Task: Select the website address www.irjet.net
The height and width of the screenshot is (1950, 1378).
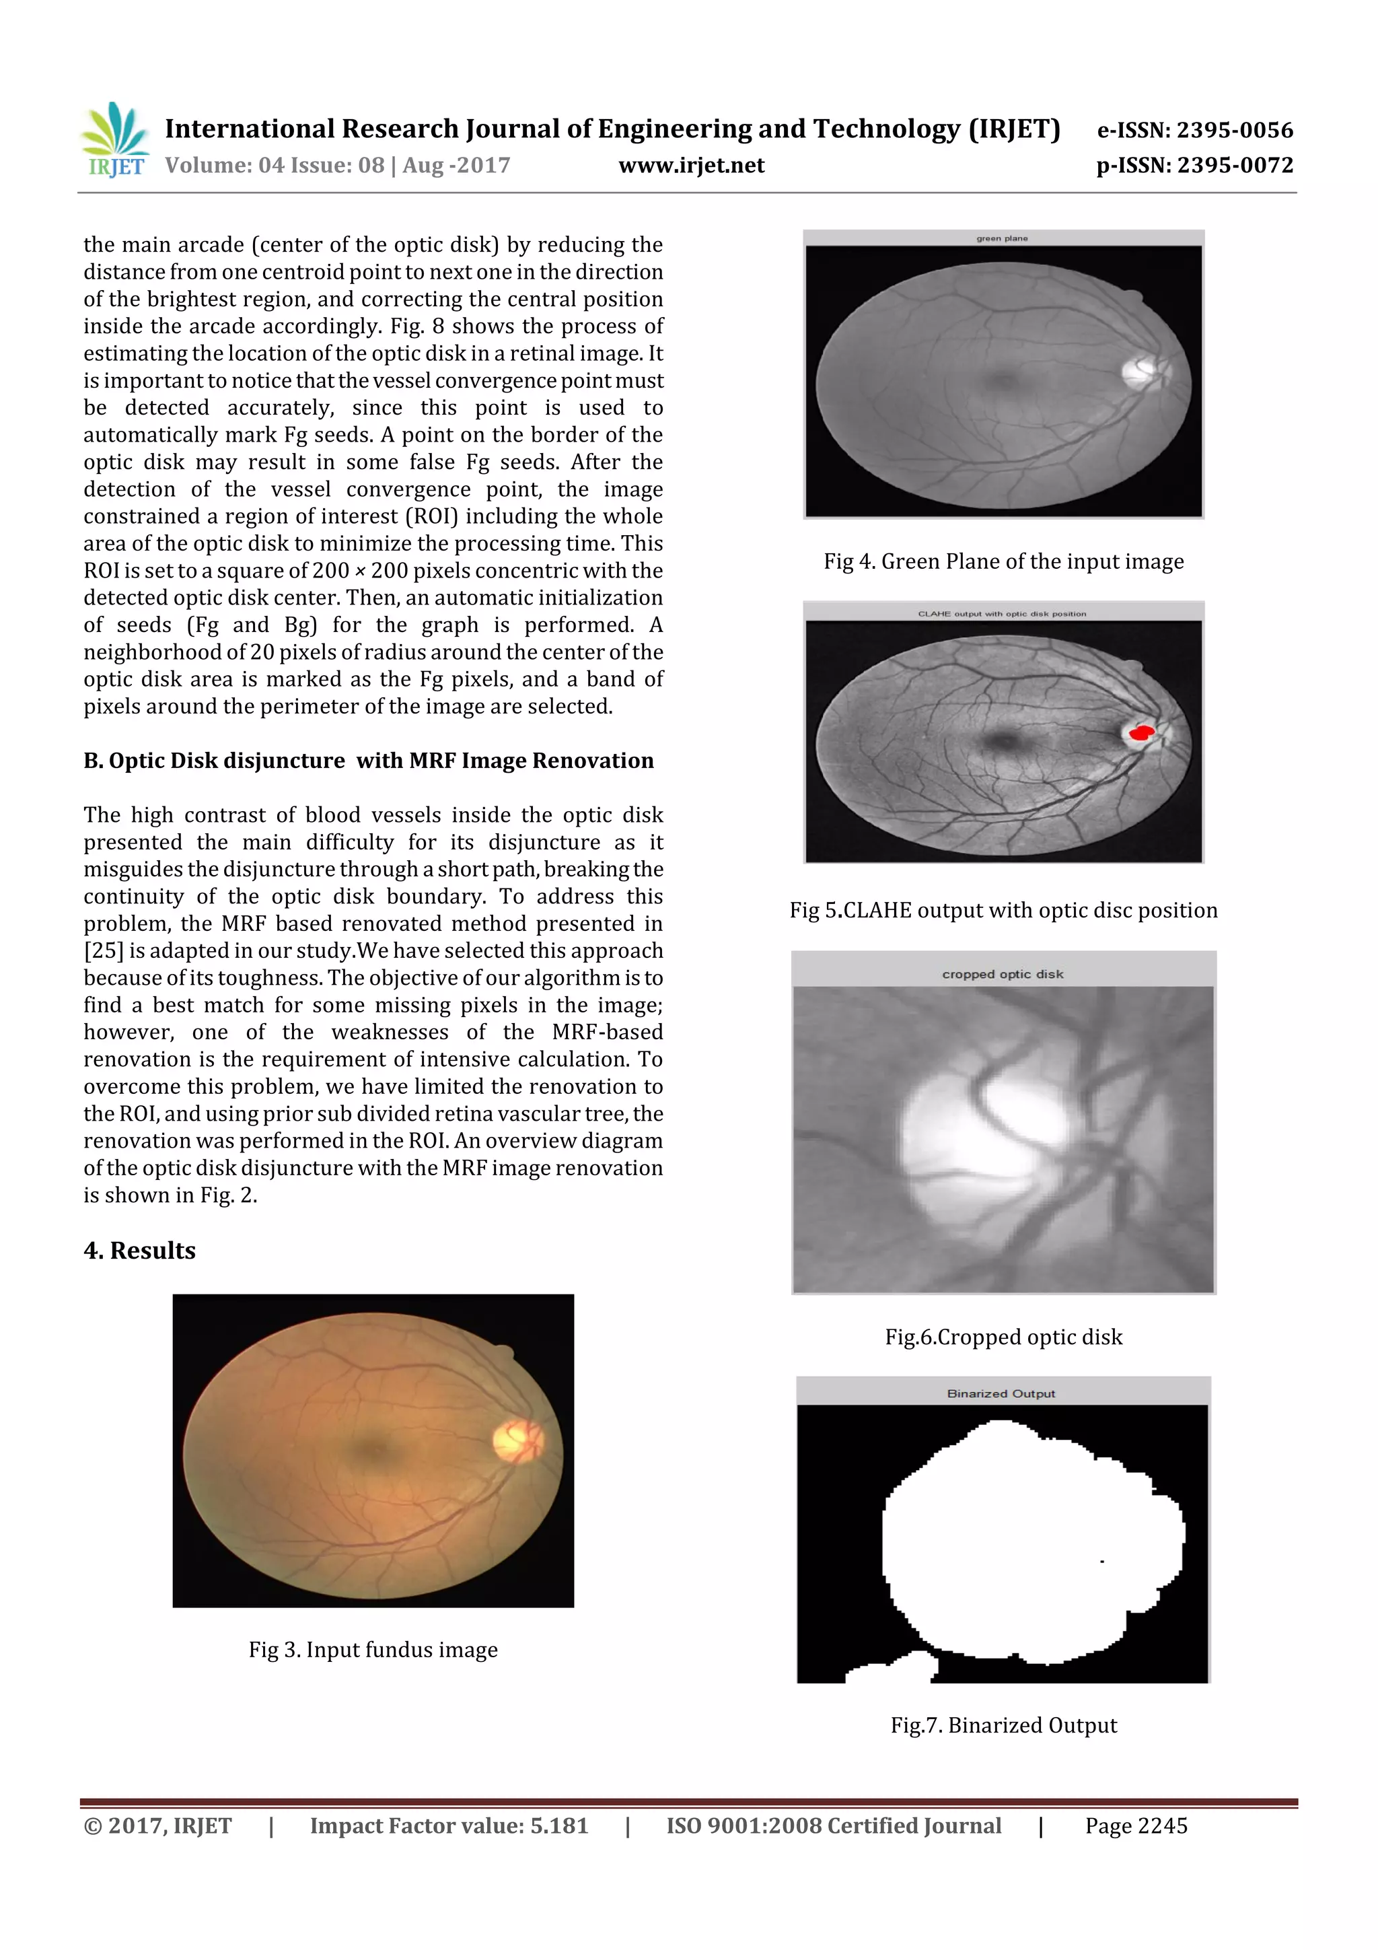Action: point(691,165)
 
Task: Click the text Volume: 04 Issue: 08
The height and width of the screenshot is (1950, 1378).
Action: point(275,165)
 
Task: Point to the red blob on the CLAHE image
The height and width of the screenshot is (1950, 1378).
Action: point(1140,731)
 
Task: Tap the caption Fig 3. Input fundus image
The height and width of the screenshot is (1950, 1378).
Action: point(373,1649)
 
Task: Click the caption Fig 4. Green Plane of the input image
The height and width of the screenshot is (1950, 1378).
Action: point(1003,561)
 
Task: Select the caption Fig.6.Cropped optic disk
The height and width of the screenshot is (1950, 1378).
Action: point(1003,1337)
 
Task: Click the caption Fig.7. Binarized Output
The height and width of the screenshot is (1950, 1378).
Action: point(1003,1725)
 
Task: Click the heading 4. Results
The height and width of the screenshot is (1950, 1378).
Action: point(139,1250)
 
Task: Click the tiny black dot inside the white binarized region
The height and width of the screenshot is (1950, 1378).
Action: point(1102,1561)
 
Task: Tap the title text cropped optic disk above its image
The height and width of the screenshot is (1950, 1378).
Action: point(1002,974)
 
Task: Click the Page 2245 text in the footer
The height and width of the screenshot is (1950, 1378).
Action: point(1135,1826)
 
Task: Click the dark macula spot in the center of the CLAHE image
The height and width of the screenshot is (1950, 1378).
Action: point(1005,742)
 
